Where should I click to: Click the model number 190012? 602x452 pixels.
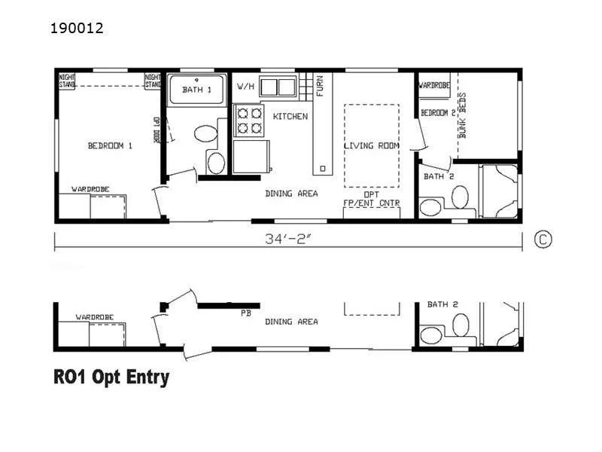click(78, 29)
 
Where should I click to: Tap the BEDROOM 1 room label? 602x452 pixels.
click(110, 146)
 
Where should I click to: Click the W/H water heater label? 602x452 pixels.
click(245, 87)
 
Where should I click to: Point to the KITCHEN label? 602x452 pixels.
click(290, 117)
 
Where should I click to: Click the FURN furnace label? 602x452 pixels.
click(320, 84)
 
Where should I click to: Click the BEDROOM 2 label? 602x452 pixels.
click(438, 113)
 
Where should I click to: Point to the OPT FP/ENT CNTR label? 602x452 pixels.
click(371, 198)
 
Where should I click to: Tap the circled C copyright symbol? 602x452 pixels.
click(543, 240)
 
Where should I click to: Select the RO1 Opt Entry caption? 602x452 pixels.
click(111, 377)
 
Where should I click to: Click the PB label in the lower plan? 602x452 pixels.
click(245, 313)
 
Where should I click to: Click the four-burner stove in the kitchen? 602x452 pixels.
click(249, 120)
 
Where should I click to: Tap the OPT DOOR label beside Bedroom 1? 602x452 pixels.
click(157, 130)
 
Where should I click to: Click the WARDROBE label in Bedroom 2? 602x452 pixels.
click(434, 86)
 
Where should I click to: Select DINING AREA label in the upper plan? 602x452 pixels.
click(291, 194)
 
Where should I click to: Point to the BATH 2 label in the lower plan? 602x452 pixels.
click(442, 304)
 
